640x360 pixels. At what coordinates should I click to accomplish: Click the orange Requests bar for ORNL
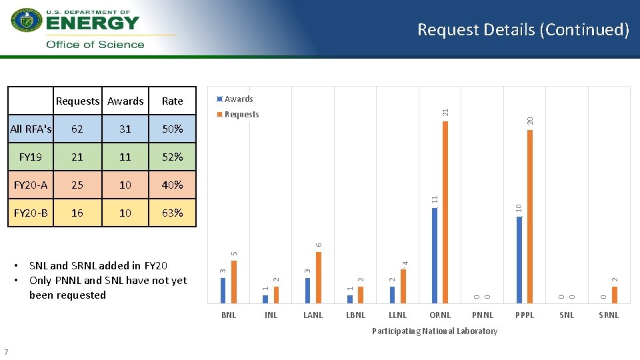(445, 212)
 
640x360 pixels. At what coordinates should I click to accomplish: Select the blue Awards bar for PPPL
(519, 259)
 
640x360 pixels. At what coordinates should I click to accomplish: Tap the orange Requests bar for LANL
(319, 277)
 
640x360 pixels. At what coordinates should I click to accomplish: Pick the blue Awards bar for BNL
(223, 290)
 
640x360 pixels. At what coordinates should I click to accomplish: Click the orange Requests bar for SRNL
(615, 294)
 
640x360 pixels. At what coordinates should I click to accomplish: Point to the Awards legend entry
(238, 99)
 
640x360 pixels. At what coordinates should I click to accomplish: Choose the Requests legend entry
(241, 115)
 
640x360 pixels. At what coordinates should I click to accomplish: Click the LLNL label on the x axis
(397, 315)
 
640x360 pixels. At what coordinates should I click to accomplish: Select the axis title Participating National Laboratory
(434, 331)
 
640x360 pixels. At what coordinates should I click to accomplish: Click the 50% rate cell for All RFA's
(172, 129)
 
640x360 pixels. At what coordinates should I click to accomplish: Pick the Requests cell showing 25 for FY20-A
(77, 185)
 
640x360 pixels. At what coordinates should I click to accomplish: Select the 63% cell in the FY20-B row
(172, 213)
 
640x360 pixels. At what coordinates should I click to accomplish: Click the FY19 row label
(30, 157)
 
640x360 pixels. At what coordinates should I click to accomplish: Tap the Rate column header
(172, 101)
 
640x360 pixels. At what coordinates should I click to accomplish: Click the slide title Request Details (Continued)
(523, 30)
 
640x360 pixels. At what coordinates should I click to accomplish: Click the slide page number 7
(6, 351)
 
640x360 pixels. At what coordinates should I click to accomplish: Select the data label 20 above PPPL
(530, 120)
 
